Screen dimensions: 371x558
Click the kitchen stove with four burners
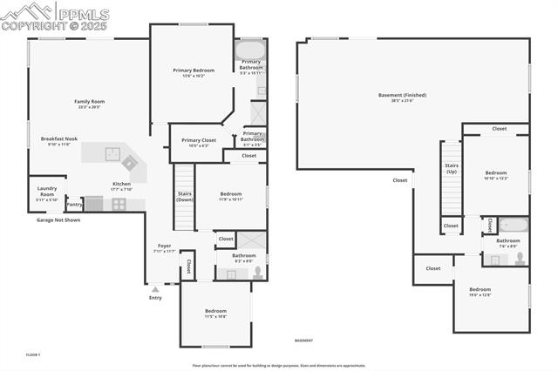[x=118, y=204]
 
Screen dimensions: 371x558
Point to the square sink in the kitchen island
[x=112, y=154]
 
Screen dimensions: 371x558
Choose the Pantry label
[x=74, y=205]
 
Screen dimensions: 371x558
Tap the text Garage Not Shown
[x=58, y=220]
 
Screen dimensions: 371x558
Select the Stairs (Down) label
[x=185, y=196]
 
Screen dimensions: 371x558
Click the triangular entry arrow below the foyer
[x=155, y=288]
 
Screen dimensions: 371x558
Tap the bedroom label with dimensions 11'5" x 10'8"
[x=215, y=313]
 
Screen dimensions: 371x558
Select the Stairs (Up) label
[x=452, y=167]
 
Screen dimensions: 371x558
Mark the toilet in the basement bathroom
[x=521, y=257]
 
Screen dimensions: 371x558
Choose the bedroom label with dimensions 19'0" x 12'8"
[x=480, y=291]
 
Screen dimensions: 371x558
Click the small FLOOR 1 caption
[x=33, y=354]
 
